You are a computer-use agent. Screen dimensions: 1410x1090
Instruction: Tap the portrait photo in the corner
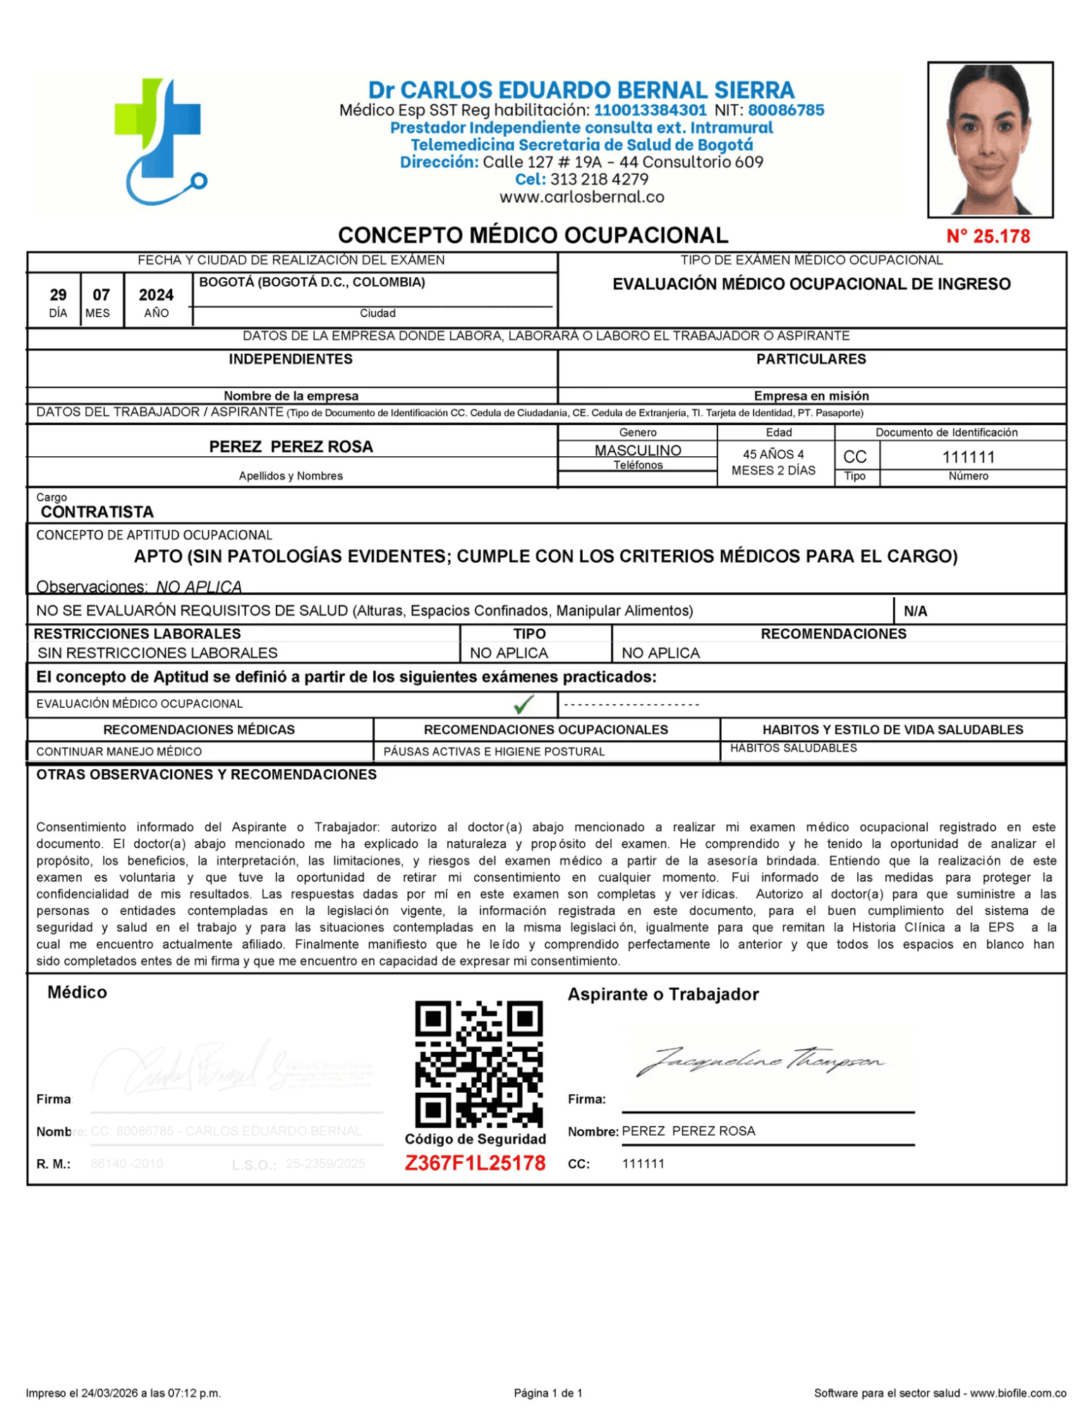(x=989, y=139)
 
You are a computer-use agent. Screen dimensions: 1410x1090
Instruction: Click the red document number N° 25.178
(x=987, y=236)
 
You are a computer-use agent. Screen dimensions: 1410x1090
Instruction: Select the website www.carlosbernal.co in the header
(x=581, y=197)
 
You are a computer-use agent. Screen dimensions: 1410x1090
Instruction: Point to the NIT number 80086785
(x=785, y=110)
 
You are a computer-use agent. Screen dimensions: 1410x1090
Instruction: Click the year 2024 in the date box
(x=156, y=295)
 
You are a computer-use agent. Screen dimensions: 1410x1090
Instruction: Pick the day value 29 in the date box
(x=58, y=295)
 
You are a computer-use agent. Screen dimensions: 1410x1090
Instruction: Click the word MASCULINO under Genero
(x=637, y=450)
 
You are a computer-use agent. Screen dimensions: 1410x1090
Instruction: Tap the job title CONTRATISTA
(x=97, y=511)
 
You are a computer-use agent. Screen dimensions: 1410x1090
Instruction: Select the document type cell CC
(x=854, y=457)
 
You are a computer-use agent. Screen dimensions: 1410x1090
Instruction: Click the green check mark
(x=523, y=703)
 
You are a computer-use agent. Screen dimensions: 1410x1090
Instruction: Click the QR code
(x=478, y=1062)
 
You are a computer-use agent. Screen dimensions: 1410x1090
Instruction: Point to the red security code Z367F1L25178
(x=475, y=1163)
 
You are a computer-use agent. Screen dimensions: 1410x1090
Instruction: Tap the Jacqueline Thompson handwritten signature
(x=759, y=1060)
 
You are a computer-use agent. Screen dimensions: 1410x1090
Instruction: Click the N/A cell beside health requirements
(x=915, y=611)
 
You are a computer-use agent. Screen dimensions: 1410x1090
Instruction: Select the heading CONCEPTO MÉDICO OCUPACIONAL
(x=533, y=235)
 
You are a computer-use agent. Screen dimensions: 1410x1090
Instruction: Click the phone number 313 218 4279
(x=599, y=179)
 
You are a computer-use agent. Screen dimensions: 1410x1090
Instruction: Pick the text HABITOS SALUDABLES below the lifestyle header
(x=793, y=747)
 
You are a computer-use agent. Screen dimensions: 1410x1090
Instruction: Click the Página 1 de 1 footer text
(x=548, y=1392)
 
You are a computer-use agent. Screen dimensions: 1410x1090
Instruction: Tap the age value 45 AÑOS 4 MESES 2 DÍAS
(x=773, y=462)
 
